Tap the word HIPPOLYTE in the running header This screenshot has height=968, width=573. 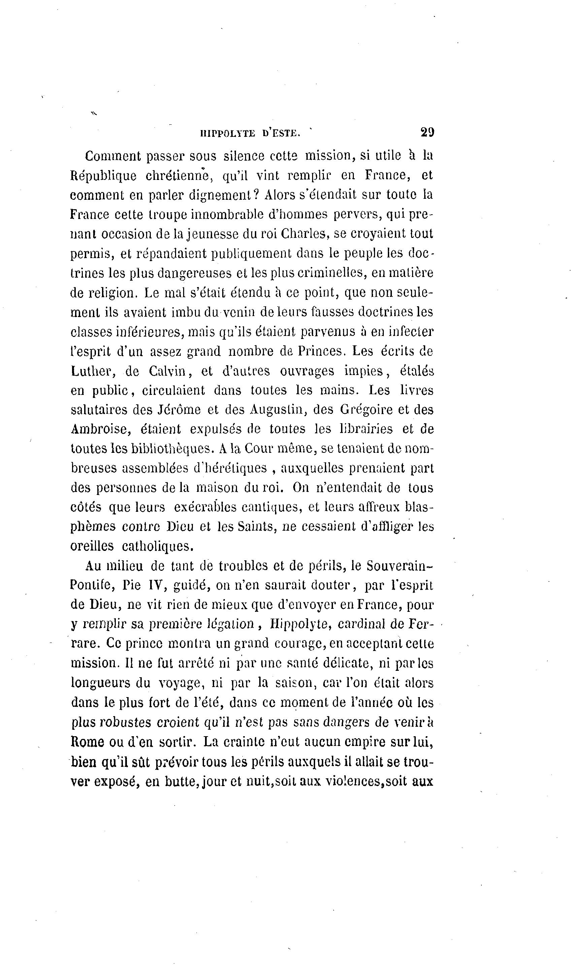228,133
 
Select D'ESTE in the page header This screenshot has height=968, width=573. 281,133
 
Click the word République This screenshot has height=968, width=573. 103,176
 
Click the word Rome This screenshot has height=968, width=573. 88,742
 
